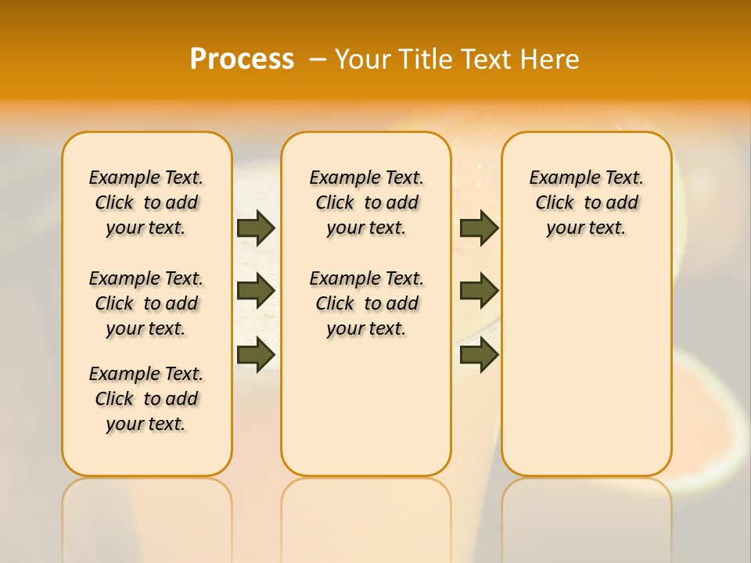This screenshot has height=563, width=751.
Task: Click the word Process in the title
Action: [242, 59]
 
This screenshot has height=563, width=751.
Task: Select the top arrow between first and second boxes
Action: [256, 228]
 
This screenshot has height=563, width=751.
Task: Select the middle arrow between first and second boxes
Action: [256, 291]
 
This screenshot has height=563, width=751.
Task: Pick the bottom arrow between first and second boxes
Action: [256, 354]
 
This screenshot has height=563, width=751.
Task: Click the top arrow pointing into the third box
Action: [479, 228]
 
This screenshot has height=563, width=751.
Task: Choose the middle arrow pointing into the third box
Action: [479, 291]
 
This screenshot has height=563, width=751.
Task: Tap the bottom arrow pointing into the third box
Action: [479, 354]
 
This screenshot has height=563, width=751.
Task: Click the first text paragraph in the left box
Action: [146, 203]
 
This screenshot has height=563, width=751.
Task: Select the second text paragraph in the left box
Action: [146, 303]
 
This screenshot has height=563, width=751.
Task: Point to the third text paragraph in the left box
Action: [146, 399]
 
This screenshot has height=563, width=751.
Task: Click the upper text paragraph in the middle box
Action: [366, 203]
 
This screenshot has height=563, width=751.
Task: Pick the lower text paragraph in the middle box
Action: [366, 303]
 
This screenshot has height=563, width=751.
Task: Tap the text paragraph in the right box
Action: [587, 203]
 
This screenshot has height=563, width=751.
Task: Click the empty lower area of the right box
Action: [587, 375]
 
